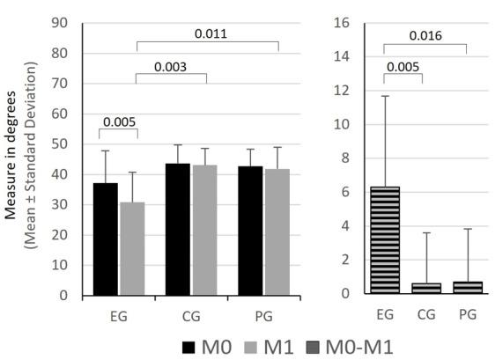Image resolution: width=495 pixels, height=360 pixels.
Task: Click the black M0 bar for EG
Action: pos(106,239)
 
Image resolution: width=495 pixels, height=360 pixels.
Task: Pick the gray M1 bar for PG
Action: pos(277,231)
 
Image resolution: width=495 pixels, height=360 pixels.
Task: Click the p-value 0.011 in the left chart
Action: pos(208,34)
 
